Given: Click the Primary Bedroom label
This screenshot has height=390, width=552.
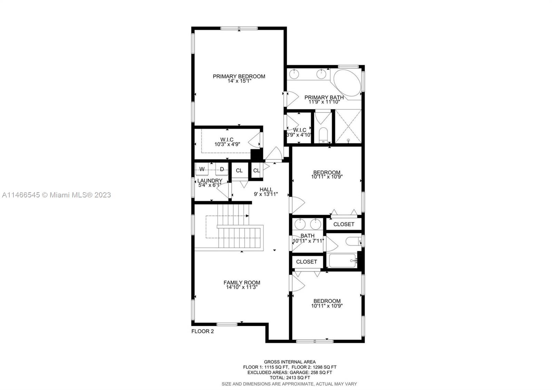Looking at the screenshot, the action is [x=239, y=76].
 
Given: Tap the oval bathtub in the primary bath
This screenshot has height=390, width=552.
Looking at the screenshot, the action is [x=347, y=83].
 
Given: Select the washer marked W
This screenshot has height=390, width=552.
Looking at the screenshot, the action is [x=202, y=169].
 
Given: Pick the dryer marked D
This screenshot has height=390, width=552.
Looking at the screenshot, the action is [x=222, y=169].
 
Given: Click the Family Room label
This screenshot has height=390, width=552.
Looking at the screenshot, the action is [x=242, y=283].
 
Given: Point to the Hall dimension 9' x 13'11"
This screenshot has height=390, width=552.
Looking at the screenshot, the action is [x=266, y=194].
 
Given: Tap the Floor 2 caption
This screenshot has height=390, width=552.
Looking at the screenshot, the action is [x=203, y=331].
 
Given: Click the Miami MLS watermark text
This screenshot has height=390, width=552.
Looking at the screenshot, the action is [x=57, y=195].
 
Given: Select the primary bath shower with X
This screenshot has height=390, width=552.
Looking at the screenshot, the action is [x=348, y=126].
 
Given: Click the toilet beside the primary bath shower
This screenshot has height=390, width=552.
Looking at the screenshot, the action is [x=323, y=135].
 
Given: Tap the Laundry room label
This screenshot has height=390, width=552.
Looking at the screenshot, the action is [x=210, y=181].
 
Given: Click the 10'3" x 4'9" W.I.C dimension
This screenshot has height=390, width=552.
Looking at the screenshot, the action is [x=227, y=145].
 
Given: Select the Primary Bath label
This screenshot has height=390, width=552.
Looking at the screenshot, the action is [x=324, y=97].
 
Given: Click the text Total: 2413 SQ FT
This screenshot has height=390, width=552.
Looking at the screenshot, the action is [x=290, y=378].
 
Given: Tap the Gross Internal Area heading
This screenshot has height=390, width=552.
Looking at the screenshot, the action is [x=290, y=362].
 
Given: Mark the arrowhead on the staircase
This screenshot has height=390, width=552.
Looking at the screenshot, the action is [x=247, y=216].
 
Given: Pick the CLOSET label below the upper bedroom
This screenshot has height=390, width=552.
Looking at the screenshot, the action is [x=344, y=224].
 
